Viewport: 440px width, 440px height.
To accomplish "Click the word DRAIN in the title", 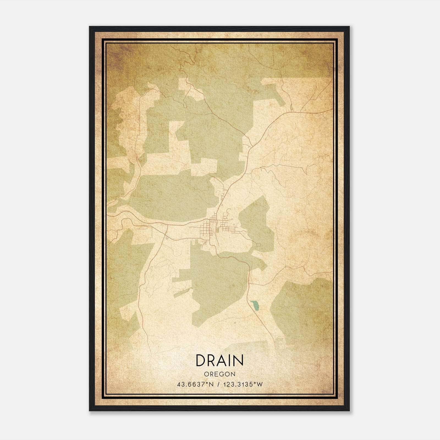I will pyautogui.click(x=219, y=360).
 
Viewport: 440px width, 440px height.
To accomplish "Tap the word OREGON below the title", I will pyautogui.click(x=219, y=374).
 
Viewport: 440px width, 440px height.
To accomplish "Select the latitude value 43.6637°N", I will pyautogui.click(x=196, y=384).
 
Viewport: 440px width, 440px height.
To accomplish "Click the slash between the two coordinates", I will pyautogui.click(x=218, y=384).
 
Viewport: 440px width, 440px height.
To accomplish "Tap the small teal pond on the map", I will pyautogui.click(x=255, y=305).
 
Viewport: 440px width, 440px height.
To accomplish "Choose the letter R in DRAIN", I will pyautogui.click(x=213, y=360).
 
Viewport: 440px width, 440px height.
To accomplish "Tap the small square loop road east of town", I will pyautogui.click(x=258, y=244).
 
